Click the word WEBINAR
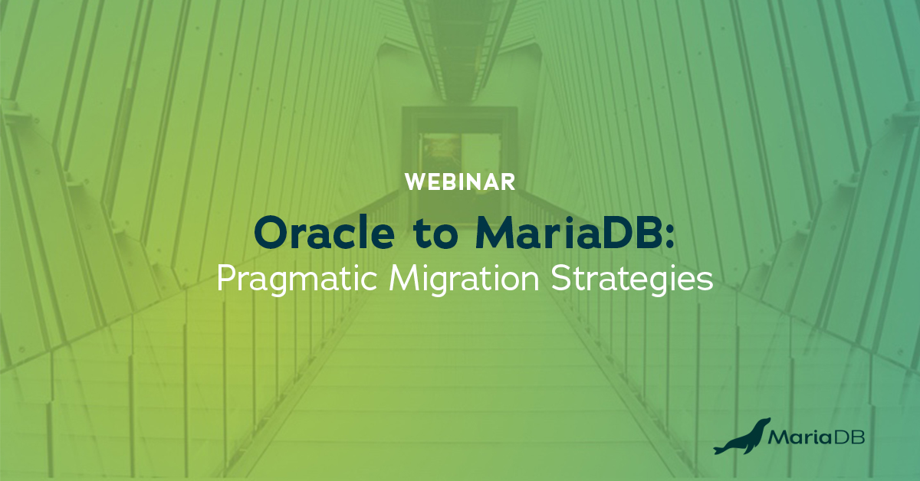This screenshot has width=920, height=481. pos(459,182)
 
